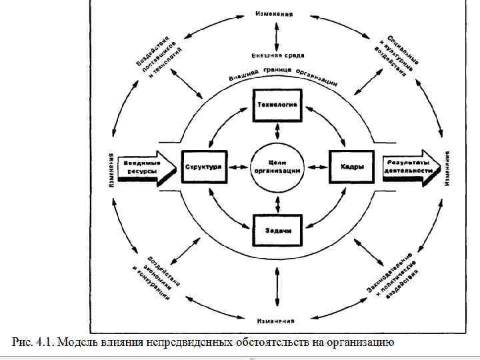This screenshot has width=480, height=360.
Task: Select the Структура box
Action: point(203,167)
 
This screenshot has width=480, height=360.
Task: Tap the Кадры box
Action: point(352,167)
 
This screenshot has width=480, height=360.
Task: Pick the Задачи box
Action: point(277,229)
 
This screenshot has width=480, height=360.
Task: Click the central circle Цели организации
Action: point(277,167)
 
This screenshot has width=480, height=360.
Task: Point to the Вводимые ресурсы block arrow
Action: point(143,167)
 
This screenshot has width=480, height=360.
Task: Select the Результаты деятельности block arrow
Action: point(411,167)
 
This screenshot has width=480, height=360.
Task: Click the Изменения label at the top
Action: point(274,14)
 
